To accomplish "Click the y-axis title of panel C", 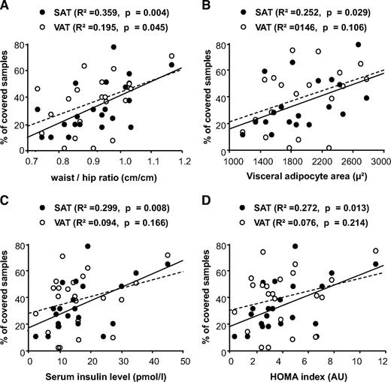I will coord(7,289).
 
